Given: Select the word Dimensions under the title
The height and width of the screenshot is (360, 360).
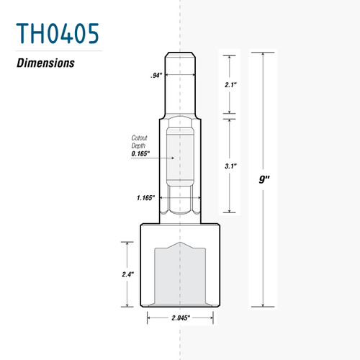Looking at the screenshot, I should pos(46,62).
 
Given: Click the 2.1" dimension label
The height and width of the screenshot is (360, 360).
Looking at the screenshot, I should pos(230,84).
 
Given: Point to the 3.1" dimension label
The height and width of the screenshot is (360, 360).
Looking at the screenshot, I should pos(230,165).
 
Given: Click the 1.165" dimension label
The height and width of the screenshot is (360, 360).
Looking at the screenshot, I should pos(146,196).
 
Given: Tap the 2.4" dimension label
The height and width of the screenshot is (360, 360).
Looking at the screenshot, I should pos(128,274).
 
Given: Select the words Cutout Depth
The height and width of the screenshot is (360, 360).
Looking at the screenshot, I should pos(140,142).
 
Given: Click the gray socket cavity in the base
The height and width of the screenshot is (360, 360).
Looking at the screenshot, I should pos(181,277).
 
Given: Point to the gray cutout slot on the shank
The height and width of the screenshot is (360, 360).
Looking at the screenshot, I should pos(181,155).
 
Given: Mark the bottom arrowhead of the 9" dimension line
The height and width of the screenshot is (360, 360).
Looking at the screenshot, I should pos(264,305).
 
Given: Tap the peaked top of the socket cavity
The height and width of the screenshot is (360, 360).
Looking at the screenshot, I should pos(181,245).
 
